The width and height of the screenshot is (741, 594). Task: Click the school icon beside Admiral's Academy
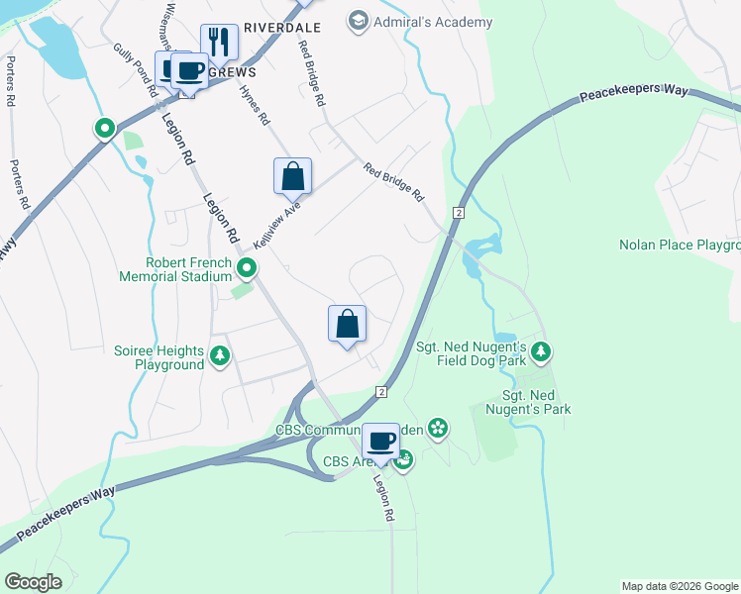[x=358, y=21]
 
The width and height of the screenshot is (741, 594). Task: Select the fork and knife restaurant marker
[x=219, y=42]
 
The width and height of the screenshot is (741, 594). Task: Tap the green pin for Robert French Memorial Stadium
[x=247, y=268]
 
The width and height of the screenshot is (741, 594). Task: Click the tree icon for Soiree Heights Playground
[x=221, y=356]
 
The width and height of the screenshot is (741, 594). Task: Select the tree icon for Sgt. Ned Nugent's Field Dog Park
[x=540, y=351]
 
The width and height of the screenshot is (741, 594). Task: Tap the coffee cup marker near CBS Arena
[x=381, y=441]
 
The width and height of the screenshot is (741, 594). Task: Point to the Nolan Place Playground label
[x=680, y=245]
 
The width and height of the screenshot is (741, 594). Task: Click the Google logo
[x=33, y=581]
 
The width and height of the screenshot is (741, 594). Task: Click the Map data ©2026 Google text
[x=680, y=586]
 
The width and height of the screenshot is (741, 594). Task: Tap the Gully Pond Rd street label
[x=137, y=68]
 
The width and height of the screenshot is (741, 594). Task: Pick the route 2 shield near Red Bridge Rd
[x=459, y=213]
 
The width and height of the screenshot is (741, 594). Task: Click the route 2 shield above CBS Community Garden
[x=379, y=392]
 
